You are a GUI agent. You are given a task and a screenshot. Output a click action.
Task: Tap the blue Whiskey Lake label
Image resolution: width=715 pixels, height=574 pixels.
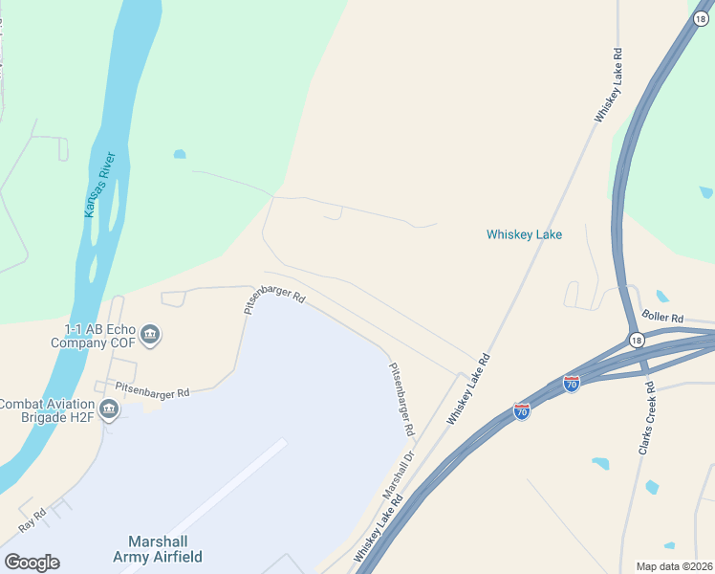point(524,234)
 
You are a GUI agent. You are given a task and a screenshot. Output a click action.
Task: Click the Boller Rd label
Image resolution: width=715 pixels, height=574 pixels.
point(662,318)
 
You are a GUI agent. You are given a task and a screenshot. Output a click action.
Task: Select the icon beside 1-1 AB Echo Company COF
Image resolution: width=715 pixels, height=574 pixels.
point(150,335)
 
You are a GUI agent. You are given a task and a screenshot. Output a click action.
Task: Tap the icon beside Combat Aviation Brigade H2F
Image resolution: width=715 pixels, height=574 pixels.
point(109,410)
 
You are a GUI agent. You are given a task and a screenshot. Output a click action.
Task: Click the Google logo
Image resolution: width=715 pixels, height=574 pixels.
point(32,563)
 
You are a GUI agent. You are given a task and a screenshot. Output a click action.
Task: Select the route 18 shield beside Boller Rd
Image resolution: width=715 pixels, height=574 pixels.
point(636,340)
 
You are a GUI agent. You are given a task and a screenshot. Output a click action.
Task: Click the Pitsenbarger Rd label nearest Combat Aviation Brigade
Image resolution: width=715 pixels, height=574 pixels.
point(152,390)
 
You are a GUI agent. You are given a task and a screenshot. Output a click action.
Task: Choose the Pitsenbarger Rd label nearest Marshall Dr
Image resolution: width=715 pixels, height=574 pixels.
point(401,402)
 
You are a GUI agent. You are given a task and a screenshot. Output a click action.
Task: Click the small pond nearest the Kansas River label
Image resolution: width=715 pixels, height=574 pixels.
point(179,154)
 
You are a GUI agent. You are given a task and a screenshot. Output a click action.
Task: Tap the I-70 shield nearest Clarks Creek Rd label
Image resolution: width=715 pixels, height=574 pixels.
point(572,384)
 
